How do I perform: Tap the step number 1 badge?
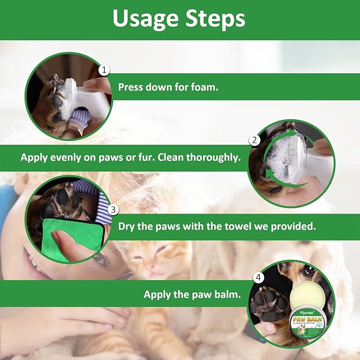click(104, 70)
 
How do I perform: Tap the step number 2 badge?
click(255, 141)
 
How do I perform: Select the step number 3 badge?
click(113, 209)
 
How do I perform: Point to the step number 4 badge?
click(259, 277)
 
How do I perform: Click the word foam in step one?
click(203, 87)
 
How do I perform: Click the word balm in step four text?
click(227, 295)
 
